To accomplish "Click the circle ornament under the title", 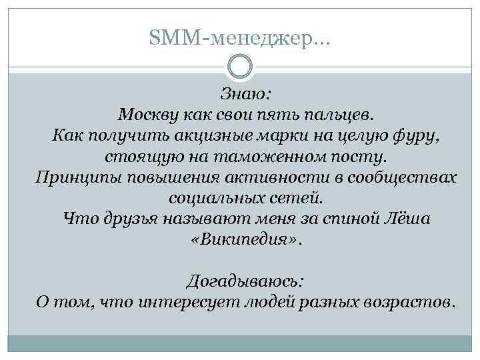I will [x=240, y=67].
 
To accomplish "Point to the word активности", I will [x=255, y=179].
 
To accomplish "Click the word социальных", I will [x=211, y=200].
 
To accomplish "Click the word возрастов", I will [x=409, y=303].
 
